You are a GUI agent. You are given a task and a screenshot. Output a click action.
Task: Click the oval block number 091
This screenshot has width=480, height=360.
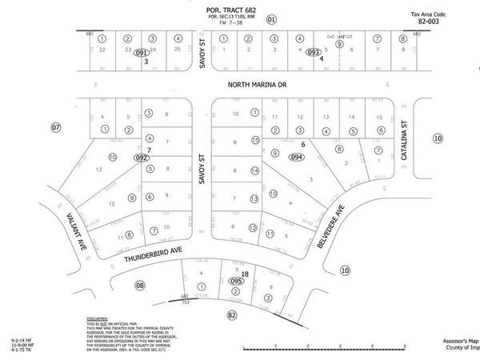(142, 53)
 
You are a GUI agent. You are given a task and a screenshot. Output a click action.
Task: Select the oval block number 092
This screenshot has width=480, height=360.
(142, 158)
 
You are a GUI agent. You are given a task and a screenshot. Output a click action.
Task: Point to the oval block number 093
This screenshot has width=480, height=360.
(314, 52)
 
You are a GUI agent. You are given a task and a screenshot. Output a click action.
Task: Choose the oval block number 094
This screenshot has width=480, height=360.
(297, 158)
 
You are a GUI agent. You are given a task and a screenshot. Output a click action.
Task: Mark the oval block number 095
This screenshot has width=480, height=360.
(237, 281)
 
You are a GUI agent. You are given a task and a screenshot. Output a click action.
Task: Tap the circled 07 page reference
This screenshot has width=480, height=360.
(55, 127)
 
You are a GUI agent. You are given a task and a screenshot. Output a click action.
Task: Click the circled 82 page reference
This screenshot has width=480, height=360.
(233, 314)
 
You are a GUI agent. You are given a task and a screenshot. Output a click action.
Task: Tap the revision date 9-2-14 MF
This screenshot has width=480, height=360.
(22, 340)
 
